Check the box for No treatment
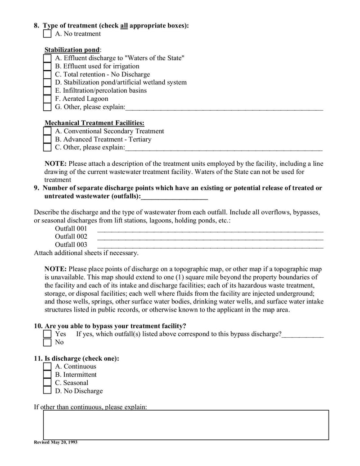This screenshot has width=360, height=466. point(47,34)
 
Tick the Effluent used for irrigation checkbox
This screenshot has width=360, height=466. point(47,66)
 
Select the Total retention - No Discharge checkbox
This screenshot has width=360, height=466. point(47,74)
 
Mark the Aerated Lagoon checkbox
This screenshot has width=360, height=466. point(47,99)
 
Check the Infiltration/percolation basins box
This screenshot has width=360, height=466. point(47,90)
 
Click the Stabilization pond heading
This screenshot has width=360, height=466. point(72,50)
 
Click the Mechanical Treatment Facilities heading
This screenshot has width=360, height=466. point(94,122)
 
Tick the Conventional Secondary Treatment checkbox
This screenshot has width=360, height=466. point(47,131)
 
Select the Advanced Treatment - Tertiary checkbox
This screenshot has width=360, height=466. point(47,139)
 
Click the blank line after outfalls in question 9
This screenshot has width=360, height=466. point(174,197)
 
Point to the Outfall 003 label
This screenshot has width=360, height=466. point(71,244)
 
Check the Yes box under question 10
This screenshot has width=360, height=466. point(47,334)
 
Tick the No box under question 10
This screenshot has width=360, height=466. point(47,342)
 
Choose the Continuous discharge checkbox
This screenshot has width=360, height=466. point(47,366)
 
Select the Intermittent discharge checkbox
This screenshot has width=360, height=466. point(47,375)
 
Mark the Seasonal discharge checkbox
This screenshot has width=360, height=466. point(47,383)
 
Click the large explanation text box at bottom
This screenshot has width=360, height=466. point(186,425)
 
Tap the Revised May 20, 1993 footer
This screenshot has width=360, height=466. point(56,442)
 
